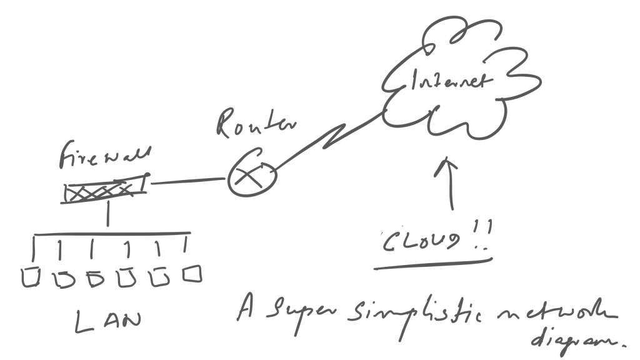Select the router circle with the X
click(x=249, y=178)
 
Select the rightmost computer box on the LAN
click(x=192, y=274)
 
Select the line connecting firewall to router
click(x=187, y=181)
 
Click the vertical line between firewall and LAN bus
click(x=108, y=216)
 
